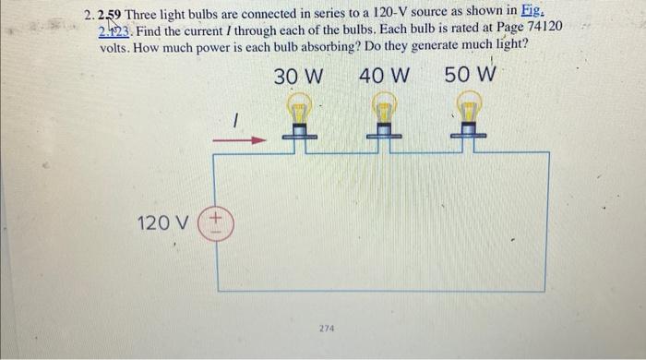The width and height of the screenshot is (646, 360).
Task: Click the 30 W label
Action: tap(298, 76)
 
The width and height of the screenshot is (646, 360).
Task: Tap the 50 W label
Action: tap(471, 74)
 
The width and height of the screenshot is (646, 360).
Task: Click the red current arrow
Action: tap(239, 141)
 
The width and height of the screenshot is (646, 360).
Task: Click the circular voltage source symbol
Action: tap(218, 222)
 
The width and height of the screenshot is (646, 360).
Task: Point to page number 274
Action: tap(327, 328)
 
